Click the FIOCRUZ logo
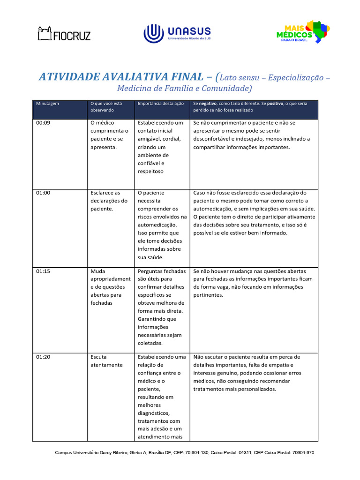(x=64, y=34)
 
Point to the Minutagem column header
(x=48, y=103)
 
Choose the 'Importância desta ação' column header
(x=160, y=103)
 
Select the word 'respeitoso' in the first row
(x=151, y=172)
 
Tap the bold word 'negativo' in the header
(x=209, y=103)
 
